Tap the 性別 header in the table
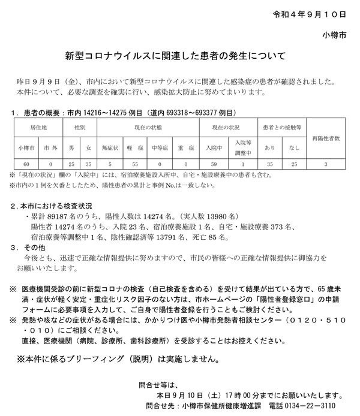[80, 128]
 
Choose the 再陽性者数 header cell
[325, 138]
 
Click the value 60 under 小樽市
[26, 163]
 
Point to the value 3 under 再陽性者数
[325, 163]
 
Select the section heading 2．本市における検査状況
[53, 205]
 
